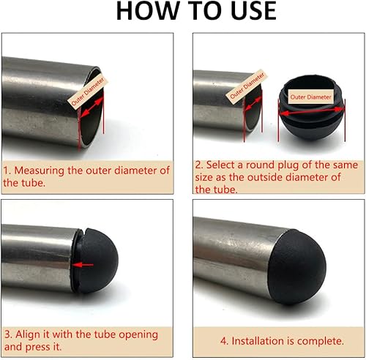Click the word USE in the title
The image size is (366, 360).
253,11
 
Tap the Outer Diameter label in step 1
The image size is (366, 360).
88,91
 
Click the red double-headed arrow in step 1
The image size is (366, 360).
91,108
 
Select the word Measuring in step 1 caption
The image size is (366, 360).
39,170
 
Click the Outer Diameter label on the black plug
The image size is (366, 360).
310,97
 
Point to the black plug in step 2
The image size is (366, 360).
311,108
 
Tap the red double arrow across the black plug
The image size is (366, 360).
312,111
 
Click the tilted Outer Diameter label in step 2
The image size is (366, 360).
246,86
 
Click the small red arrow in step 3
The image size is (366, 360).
83,265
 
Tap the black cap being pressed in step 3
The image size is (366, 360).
97,260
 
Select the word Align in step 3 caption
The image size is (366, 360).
28,334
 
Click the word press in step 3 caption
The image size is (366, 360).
38,347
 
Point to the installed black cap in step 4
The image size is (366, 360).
298,267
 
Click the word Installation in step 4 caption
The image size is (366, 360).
259,341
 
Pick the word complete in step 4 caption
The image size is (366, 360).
321,341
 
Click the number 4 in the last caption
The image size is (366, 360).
224,341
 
